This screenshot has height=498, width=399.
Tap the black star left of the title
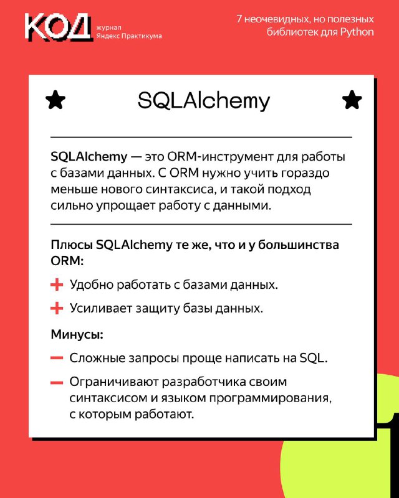tap(55, 100)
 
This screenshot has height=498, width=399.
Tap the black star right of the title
tap(352, 100)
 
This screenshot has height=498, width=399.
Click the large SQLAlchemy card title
tap(204, 101)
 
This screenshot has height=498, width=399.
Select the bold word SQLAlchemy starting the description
tap(89, 157)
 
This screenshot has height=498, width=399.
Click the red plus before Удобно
tap(57, 284)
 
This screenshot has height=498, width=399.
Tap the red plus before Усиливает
tap(57, 308)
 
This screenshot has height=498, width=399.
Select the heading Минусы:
tap(77, 334)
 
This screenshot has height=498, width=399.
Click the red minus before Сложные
tap(57, 359)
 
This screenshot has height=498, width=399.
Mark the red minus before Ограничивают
tap(57, 382)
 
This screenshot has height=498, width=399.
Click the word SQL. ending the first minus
tap(314, 359)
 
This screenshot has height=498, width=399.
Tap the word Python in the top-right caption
tap(357, 32)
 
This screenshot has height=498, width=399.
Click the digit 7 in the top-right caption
tap(239, 19)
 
